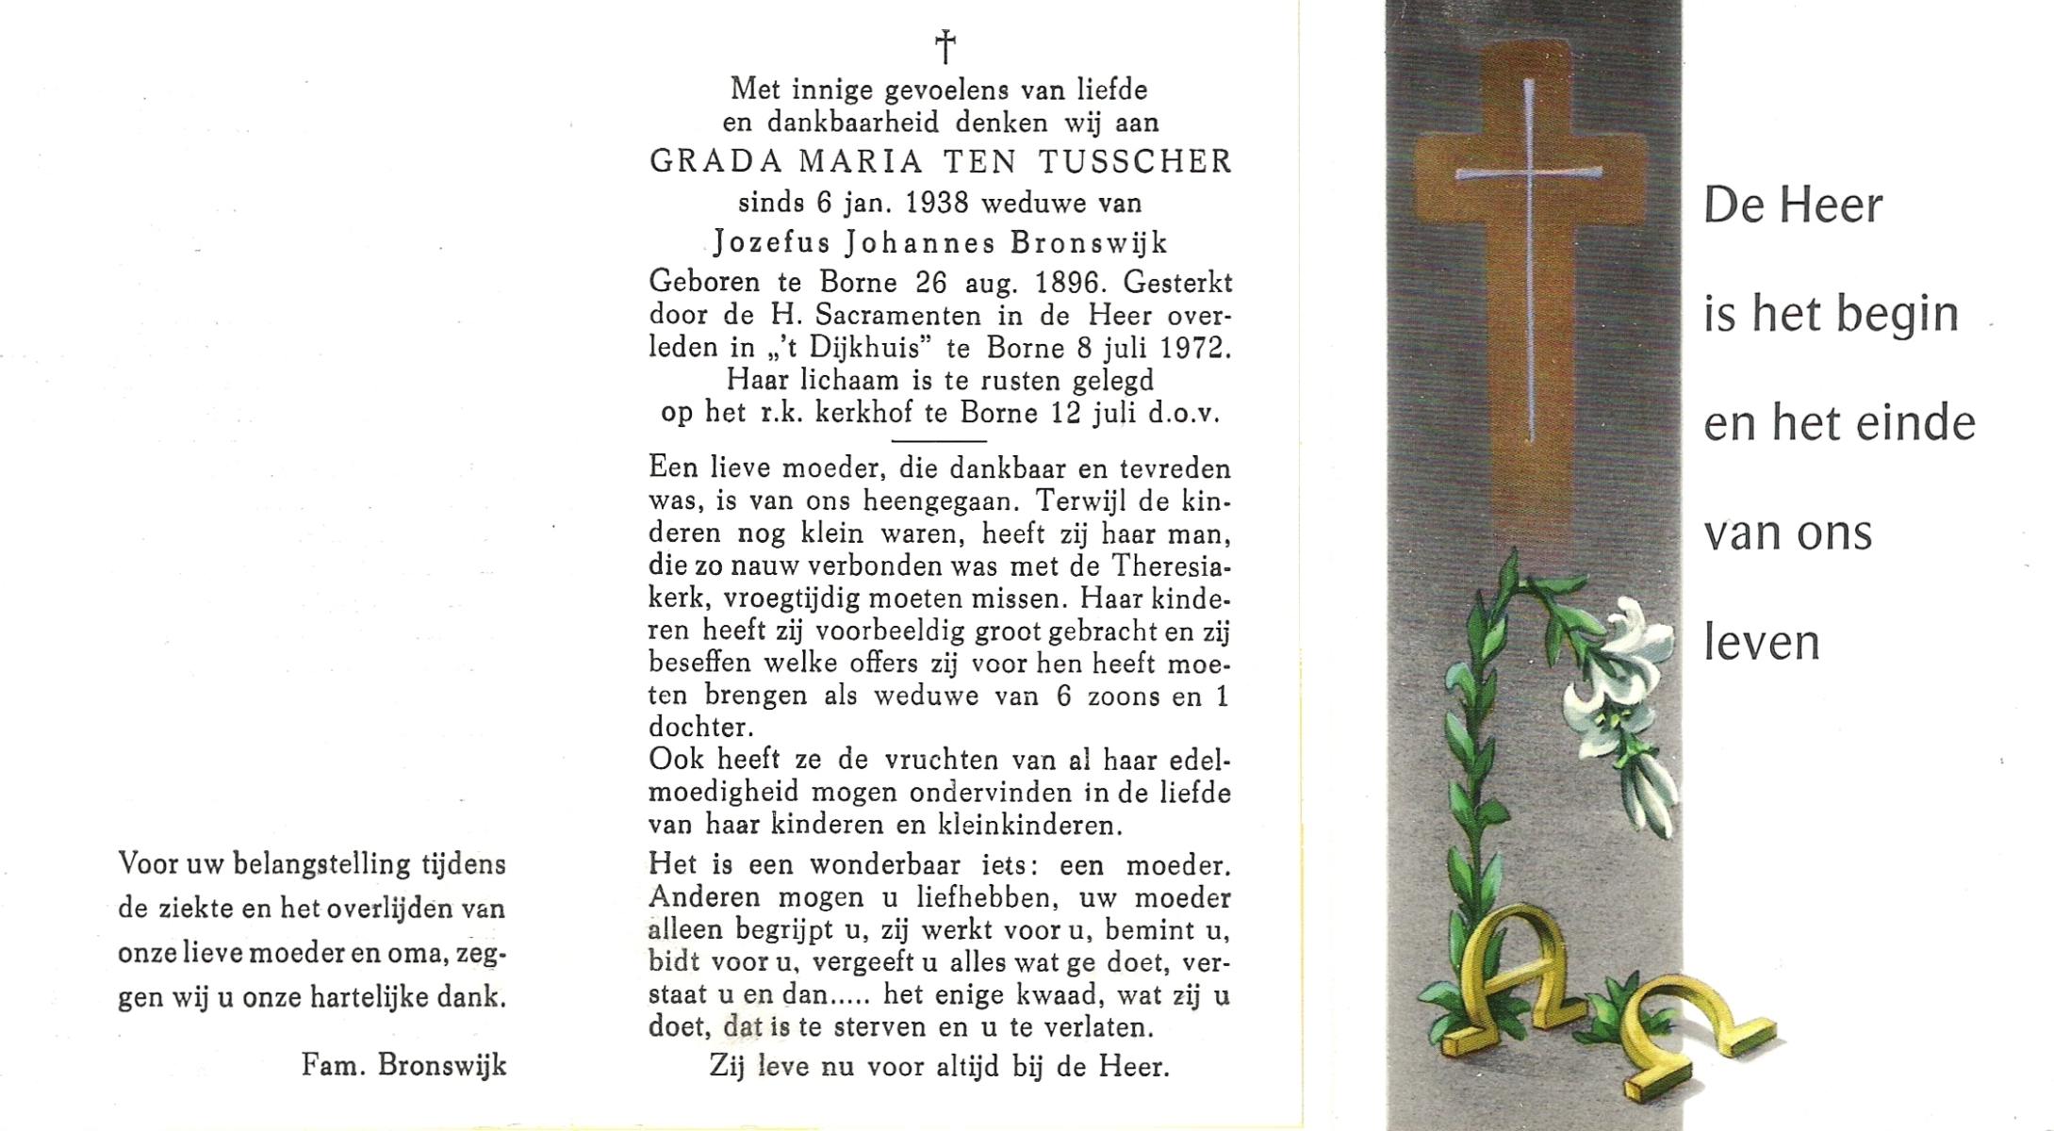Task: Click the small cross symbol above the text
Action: coord(945,45)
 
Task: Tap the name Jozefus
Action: coord(772,243)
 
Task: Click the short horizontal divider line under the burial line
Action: coord(939,440)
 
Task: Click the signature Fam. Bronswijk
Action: coord(403,1065)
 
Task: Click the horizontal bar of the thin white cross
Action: coord(1528,173)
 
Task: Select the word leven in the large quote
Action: coord(1761,644)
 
